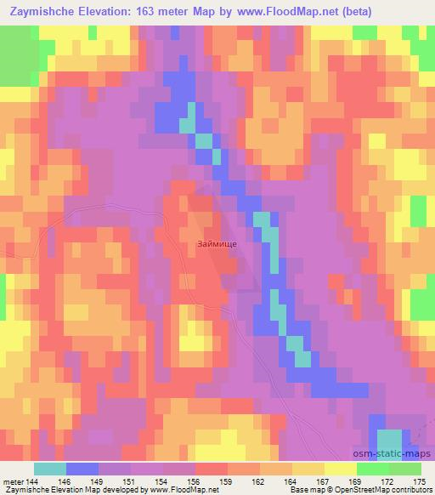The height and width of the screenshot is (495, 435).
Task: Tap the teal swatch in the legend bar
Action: pos(50,469)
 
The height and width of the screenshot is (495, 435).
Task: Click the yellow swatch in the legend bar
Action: pos(341,469)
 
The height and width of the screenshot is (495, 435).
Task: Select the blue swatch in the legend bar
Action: pos(82,469)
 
